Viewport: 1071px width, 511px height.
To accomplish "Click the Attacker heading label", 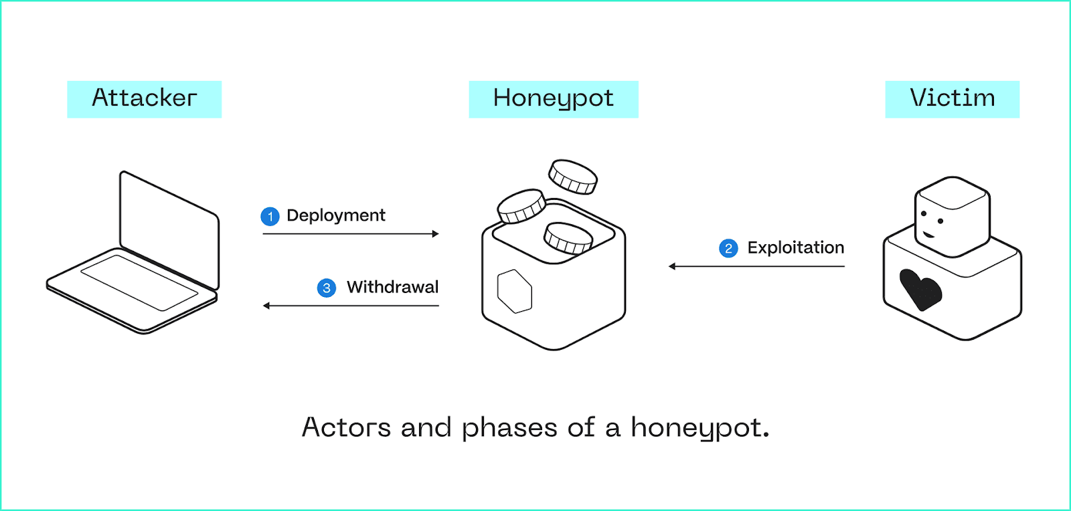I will tap(144, 99).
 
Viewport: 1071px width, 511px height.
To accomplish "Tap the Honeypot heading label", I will tap(553, 99).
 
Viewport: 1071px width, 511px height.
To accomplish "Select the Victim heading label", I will tap(952, 99).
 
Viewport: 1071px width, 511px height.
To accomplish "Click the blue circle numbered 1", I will tap(270, 217).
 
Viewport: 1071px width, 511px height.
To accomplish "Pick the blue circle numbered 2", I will tap(728, 249).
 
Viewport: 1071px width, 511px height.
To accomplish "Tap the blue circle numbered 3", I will tap(326, 288).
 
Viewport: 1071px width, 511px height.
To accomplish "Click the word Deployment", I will tap(335, 215).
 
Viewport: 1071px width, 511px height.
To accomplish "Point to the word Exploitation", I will tap(795, 247).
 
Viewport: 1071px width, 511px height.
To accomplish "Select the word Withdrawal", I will tap(392, 287).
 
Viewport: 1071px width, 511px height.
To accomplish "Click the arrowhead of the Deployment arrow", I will tap(436, 234).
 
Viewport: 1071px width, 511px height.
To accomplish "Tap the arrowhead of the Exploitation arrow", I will tap(672, 266).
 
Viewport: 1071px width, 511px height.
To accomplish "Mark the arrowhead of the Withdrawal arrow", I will tap(266, 306).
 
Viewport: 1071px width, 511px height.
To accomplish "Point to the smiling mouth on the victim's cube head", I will tap(928, 234).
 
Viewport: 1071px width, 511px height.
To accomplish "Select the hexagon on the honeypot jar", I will tap(515, 291).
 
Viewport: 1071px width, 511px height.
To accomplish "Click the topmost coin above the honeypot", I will tap(573, 176).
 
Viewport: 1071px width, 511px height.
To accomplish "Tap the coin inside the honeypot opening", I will tap(568, 237).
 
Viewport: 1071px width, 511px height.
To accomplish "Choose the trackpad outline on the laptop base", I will tap(139, 282).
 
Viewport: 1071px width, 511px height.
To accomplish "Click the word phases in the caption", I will tap(509, 428).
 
